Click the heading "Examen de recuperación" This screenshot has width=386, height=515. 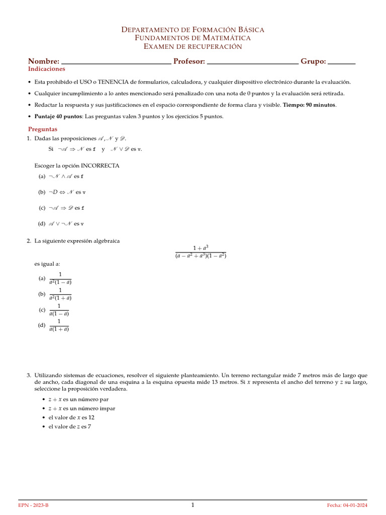[x=193, y=47]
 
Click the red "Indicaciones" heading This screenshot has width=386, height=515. [x=47, y=69]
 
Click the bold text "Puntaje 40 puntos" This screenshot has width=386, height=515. [x=58, y=116]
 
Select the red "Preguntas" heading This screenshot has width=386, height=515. [x=43, y=129]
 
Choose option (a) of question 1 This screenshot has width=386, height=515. [x=61, y=177]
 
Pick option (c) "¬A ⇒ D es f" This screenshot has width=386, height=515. [x=62, y=208]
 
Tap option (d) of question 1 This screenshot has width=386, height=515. [x=61, y=223]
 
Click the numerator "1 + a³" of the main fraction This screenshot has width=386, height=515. [x=201, y=247]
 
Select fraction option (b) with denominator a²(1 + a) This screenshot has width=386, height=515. [x=60, y=294]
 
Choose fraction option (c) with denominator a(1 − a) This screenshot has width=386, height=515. [x=59, y=310]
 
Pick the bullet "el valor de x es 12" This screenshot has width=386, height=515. [x=71, y=417]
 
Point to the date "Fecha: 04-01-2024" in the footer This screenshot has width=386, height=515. [x=347, y=505]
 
